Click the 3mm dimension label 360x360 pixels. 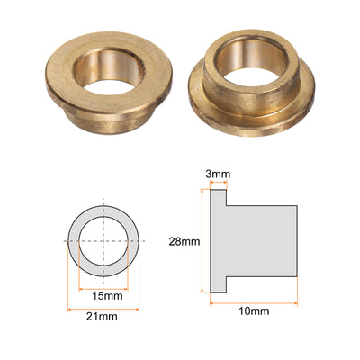pos(218,174)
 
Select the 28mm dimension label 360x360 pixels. pos(184,241)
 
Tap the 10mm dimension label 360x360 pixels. pos(254,311)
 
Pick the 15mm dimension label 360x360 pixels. pos(107,296)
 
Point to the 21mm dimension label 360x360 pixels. pos(102,316)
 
